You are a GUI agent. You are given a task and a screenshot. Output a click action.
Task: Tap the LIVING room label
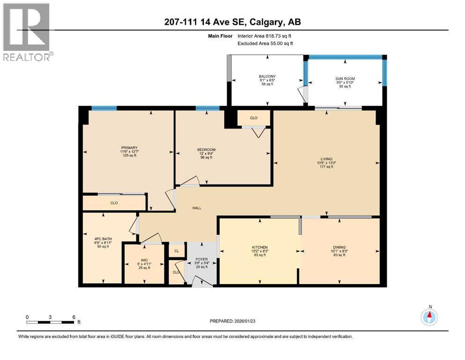(326, 159)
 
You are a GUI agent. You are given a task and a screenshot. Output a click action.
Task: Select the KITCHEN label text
(259, 247)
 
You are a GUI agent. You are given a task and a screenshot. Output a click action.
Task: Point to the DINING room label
(339, 247)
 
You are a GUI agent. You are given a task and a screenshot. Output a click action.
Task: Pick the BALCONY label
(267, 76)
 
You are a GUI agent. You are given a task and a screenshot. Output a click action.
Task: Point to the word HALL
(197, 208)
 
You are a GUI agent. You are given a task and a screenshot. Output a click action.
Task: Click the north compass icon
(429, 317)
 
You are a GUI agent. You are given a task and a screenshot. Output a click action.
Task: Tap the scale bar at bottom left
(51, 322)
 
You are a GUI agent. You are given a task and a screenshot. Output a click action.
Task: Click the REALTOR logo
(26, 32)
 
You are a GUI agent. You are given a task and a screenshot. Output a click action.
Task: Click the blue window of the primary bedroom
(104, 108)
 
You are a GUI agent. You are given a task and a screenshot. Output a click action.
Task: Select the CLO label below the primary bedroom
(114, 203)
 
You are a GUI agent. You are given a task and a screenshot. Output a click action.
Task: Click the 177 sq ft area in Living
(326, 167)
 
